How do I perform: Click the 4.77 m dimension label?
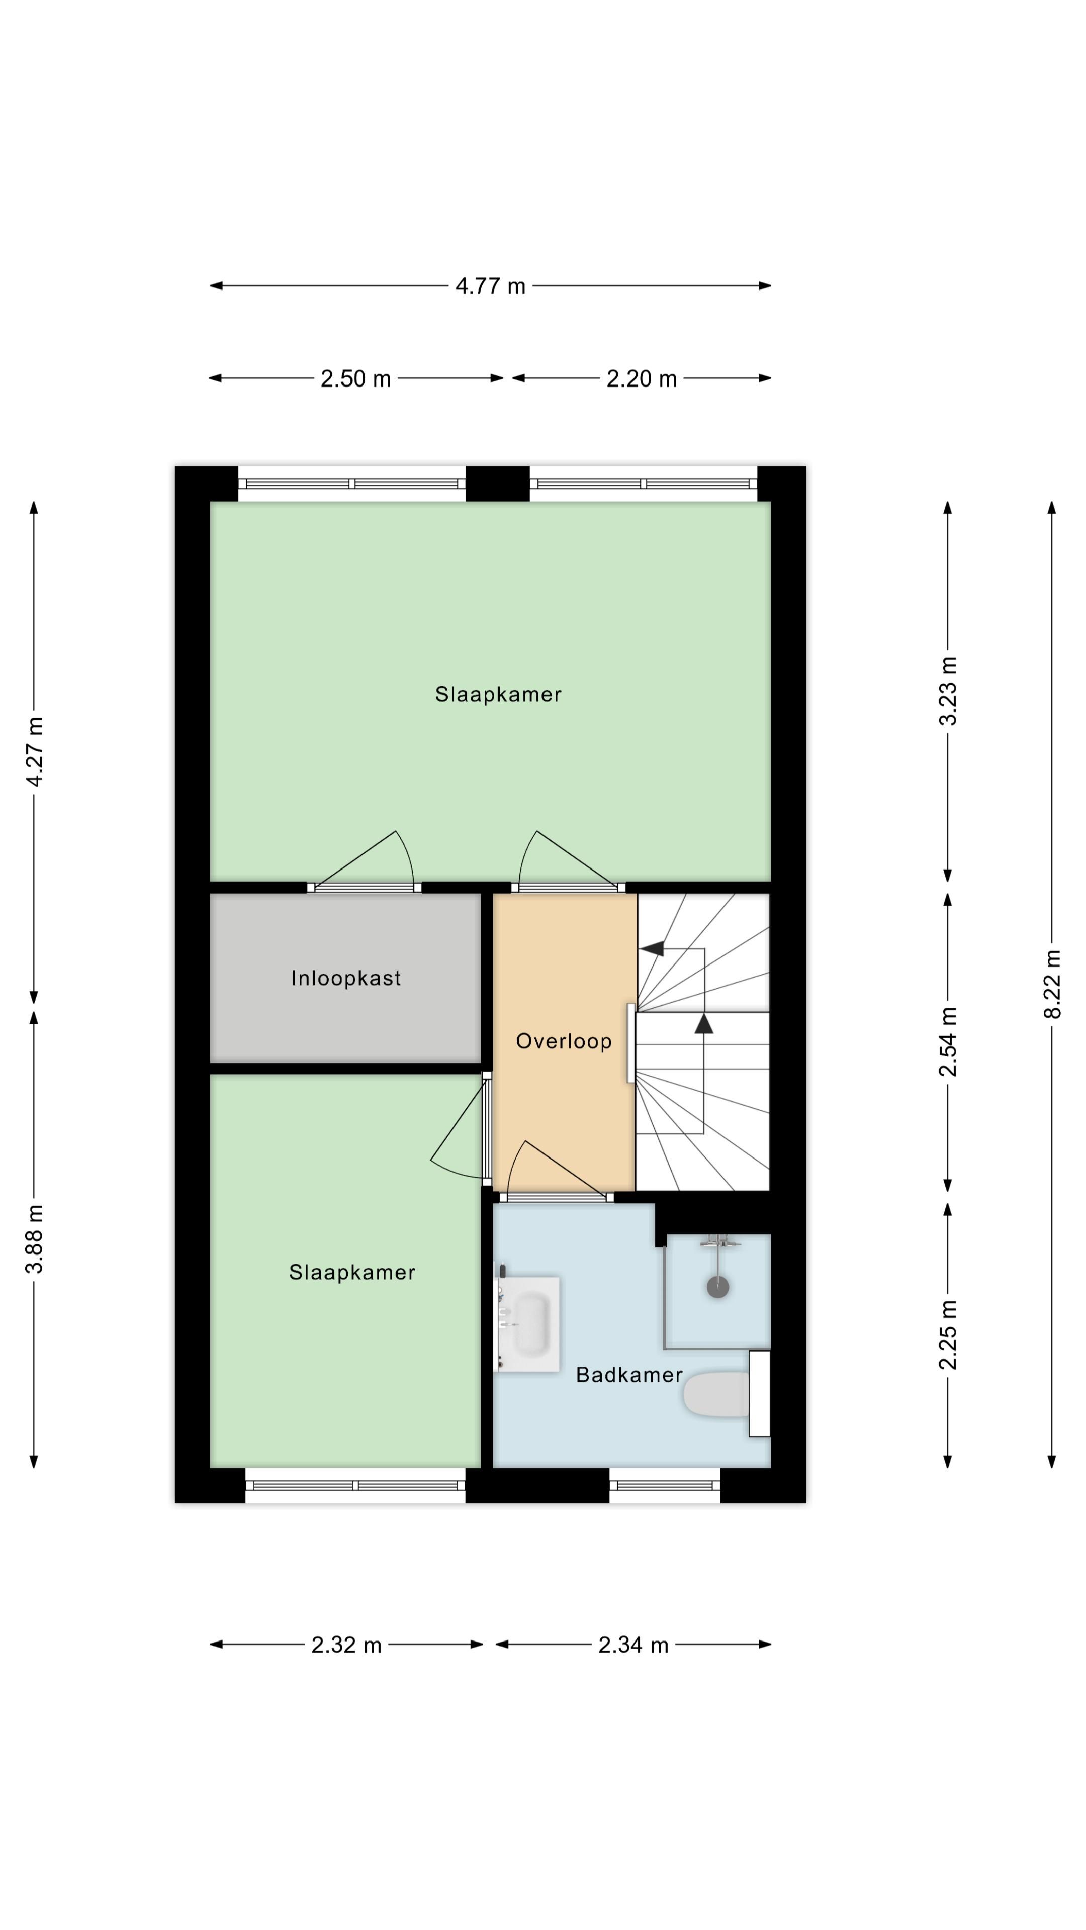click(x=490, y=286)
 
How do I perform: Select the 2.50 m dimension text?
click(x=355, y=379)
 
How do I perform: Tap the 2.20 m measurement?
click(x=641, y=379)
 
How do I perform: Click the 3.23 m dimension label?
click(x=948, y=691)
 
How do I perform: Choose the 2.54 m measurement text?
click(x=948, y=1041)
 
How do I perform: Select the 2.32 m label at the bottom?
click(x=346, y=1646)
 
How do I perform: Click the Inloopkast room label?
click(x=346, y=979)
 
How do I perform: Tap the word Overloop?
click(x=564, y=1041)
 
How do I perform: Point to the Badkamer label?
click(x=629, y=1375)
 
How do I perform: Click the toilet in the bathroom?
click(x=726, y=1394)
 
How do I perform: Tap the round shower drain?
click(x=717, y=1287)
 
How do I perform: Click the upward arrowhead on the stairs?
click(x=704, y=1023)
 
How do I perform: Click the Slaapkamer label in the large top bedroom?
click(x=498, y=695)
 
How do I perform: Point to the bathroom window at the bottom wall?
click(x=665, y=1486)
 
